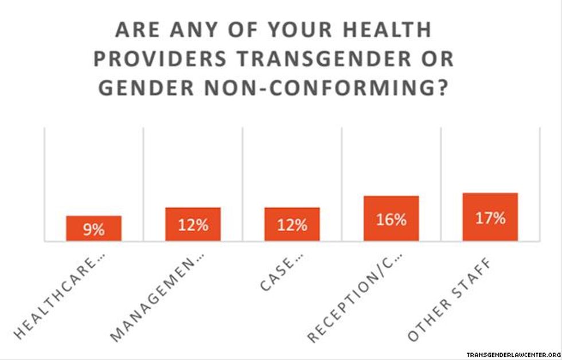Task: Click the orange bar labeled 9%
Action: point(93,228)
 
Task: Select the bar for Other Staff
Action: point(490,217)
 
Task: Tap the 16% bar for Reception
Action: point(391,218)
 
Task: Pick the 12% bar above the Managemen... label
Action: point(193,224)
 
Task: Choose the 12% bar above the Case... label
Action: point(292,224)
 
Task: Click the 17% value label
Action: point(490,218)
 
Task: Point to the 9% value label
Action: point(93,230)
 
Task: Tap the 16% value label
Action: point(391,220)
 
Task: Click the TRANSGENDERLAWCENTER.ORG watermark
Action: point(512,354)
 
